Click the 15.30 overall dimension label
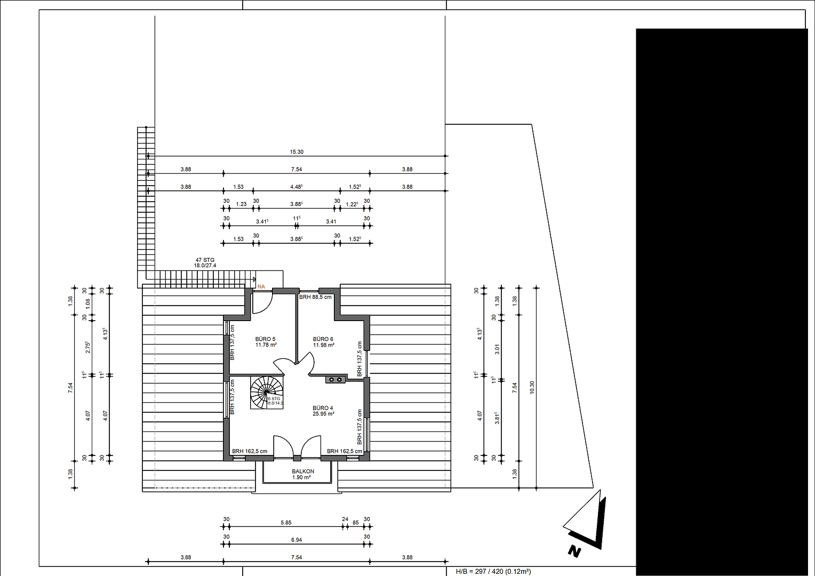click(x=297, y=152)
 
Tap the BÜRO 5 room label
click(x=265, y=339)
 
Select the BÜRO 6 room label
click(x=323, y=339)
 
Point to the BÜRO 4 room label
click(x=323, y=408)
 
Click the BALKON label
click(x=303, y=471)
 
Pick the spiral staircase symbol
click(x=267, y=393)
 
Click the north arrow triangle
click(x=587, y=520)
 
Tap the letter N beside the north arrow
click(x=574, y=551)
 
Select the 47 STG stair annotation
click(x=205, y=260)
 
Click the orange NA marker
click(x=261, y=286)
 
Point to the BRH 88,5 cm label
click(x=315, y=297)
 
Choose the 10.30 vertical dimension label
click(x=532, y=387)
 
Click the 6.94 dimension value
click(x=297, y=540)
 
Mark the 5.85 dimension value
click(x=286, y=523)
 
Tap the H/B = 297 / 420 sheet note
click(x=493, y=572)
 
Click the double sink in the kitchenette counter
click(x=335, y=380)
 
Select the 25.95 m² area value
click(x=323, y=414)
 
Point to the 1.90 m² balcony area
click(x=301, y=478)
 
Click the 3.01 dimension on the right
click(x=497, y=349)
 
